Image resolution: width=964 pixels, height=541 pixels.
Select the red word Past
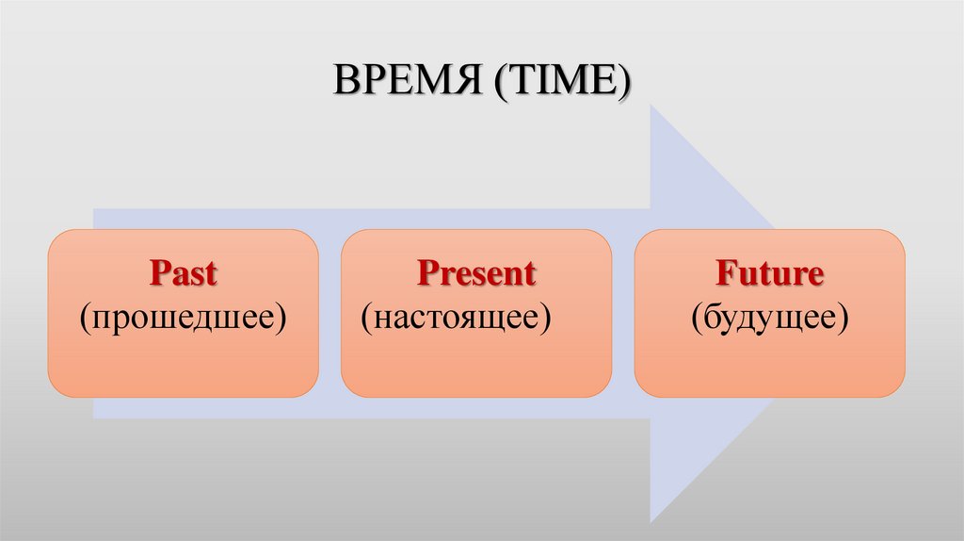click(183, 274)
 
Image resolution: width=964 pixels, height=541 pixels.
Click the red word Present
click(476, 274)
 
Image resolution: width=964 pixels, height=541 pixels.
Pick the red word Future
click(769, 274)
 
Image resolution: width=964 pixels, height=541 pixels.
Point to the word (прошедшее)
click(183, 317)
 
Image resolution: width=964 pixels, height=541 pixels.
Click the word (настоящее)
click(457, 317)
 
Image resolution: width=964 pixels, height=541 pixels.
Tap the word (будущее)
click(769, 317)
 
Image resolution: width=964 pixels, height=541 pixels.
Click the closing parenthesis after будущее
click(844, 319)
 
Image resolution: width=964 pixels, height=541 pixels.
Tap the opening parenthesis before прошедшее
click(86, 319)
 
